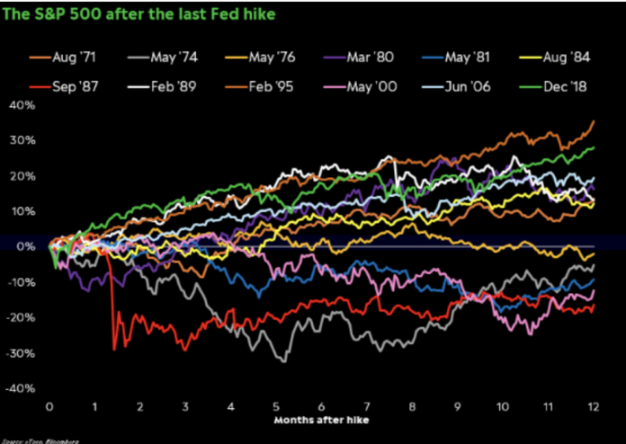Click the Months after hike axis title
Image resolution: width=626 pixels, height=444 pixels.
tap(320, 420)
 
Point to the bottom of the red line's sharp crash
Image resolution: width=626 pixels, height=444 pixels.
tap(114, 349)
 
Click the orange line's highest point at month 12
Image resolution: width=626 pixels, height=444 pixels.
tap(594, 120)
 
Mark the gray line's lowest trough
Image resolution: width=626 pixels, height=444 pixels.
tap(285, 361)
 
